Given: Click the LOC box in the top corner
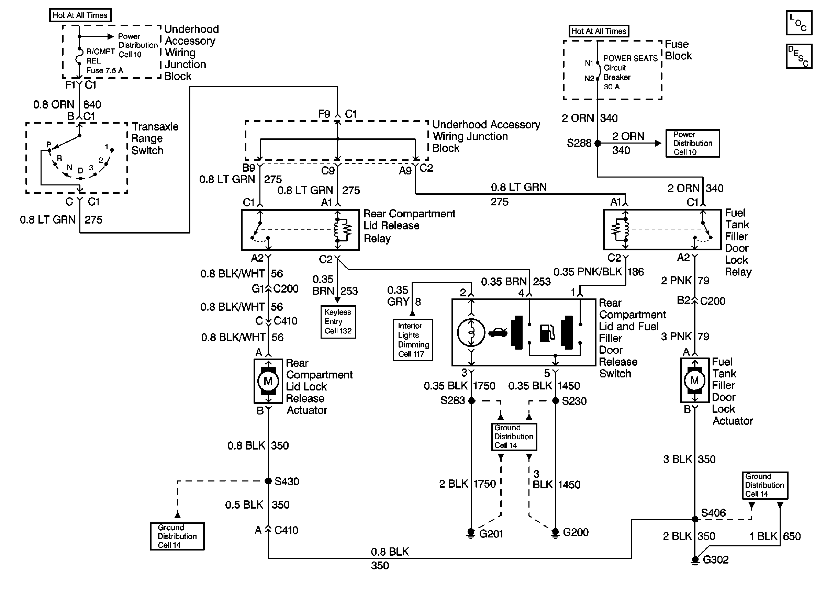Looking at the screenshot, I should coord(799,23).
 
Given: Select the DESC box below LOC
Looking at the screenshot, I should coord(799,56).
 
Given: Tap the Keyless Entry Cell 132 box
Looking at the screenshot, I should coord(338,322).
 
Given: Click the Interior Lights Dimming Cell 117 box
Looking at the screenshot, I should coord(412,340).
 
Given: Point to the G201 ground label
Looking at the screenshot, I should coord(491,534).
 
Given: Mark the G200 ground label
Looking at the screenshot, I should coord(576,532).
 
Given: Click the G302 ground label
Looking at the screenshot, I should coord(715,559).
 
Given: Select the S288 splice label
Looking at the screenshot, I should coord(579,143).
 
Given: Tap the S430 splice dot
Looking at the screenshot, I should coord(268,481).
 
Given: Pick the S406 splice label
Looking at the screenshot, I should coord(713,513).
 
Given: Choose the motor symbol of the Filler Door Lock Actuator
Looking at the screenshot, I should coord(694,381).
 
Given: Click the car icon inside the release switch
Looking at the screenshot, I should coord(498,332).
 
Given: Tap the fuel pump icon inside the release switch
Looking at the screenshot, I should coord(547,333).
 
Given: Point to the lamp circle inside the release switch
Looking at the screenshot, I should coord(471,332).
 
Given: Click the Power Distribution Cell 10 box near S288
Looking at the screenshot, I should coord(692,143).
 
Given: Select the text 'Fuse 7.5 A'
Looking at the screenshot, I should coord(105,70).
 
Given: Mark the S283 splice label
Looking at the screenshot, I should coord(453,400).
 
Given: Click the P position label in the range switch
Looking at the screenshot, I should coord(49,145).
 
